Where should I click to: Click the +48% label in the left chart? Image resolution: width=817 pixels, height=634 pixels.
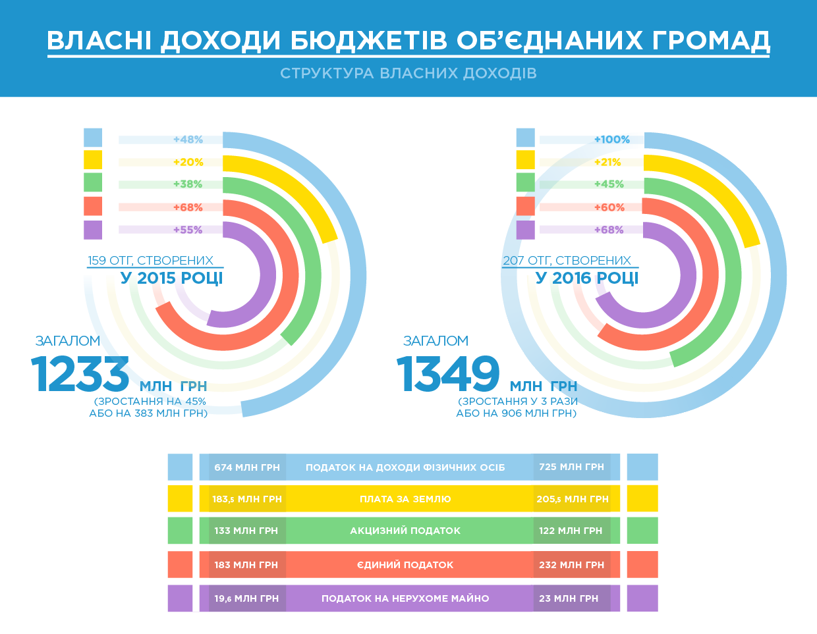tap(188, 140)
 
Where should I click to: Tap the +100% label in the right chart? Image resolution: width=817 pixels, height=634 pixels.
tap(611, 140)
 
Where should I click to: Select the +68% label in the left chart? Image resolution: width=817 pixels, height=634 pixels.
tap(188, 207)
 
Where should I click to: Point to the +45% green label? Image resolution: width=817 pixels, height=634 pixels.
tap(609, 184)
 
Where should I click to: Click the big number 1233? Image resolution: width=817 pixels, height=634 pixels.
tap(80, 375)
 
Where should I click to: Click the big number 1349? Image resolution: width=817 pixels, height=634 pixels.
tap(448, 375)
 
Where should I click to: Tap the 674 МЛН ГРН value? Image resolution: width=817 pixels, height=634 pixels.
tap(247, 467)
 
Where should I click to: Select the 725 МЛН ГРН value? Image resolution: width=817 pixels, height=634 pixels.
tap(571, 467)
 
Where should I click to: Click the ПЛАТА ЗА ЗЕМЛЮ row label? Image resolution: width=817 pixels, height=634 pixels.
tap(405, 499)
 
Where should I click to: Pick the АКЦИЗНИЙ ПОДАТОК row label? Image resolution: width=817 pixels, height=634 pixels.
tap(405, 531)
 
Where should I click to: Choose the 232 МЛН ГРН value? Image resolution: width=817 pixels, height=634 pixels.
tap(571, 565)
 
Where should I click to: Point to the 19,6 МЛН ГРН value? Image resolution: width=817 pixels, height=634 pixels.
tap(246, 598)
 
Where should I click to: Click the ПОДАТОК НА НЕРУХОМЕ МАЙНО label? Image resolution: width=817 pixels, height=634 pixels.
tap(405, 598)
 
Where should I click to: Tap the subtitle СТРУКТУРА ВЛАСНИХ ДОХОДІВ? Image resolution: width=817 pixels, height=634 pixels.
tap(408, 73)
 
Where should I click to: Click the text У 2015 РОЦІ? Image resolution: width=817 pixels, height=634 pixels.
tap(172, 278)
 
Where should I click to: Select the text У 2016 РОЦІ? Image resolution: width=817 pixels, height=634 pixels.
tap(587, 278)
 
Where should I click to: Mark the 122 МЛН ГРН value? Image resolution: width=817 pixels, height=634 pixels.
tap(571, 531)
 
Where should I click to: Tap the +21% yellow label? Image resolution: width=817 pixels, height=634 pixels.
tap(607, 162)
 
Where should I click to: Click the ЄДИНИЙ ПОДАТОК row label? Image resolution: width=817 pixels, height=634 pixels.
tap(405, 565)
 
